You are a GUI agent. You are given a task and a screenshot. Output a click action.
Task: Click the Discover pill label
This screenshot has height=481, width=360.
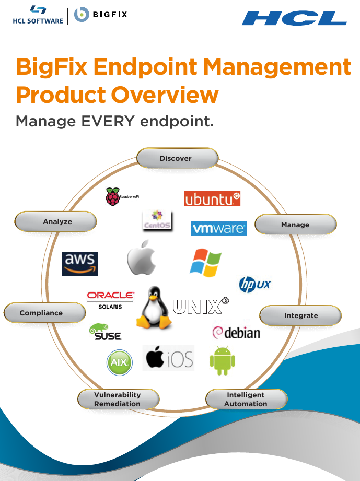(177, 158)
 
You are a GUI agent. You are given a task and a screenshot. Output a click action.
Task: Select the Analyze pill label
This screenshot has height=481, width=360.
(56, 221)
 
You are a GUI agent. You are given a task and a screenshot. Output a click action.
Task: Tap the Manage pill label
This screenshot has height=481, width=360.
(295, 225)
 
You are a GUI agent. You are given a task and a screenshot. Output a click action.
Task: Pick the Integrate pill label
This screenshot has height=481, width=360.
(300, 315)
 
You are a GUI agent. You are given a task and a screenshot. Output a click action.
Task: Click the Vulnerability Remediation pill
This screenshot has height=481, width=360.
(118, 400)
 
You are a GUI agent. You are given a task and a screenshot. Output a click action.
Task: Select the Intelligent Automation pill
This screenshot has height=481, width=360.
(246, 400)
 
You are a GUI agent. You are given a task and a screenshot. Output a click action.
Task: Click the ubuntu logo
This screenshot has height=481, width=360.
(212, 199)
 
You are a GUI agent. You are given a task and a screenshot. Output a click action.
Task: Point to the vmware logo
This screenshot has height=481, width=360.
(219, 228)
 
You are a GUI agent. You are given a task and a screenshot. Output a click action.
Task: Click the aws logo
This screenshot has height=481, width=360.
(80, 263)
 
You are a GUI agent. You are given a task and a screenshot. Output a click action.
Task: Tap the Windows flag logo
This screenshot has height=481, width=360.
(205, 262)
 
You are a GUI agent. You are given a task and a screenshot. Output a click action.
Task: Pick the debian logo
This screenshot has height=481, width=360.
(236, 333)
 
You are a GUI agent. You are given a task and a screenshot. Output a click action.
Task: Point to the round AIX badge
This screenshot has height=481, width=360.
(120, 362)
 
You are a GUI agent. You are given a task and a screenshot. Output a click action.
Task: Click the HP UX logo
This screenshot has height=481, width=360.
(254, 284)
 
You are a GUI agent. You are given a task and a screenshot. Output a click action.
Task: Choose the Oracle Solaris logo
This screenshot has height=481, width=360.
(110, 300)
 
